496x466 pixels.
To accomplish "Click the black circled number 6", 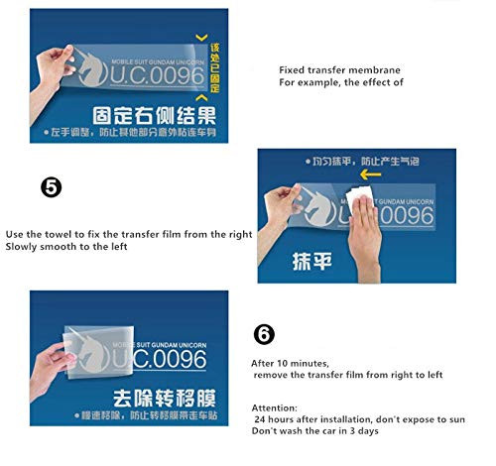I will click(x=264, y=334).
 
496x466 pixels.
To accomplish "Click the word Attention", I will click(x=274, y=407).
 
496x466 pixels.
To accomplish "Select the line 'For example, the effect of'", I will click(x=341, y=82).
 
